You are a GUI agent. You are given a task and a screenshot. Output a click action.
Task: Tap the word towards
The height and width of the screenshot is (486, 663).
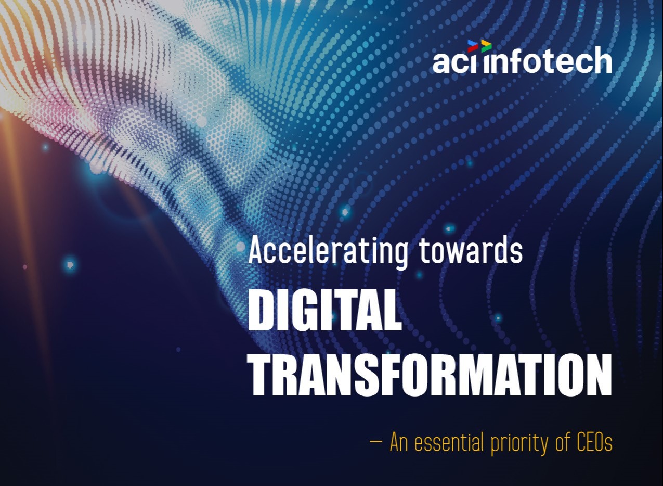click(471, 250)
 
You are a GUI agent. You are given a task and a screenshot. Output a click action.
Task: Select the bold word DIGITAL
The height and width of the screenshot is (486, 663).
click(324, 310)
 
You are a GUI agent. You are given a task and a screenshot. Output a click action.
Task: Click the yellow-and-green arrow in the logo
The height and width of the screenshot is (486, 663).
click(486, 46)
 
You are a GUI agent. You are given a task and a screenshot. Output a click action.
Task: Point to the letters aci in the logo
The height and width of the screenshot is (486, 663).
click(454, 62)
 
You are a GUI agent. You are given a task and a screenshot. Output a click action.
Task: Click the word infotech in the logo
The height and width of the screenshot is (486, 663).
click(548, 60)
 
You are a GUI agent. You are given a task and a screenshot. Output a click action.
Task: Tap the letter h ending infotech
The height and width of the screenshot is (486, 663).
click(602, 60)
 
